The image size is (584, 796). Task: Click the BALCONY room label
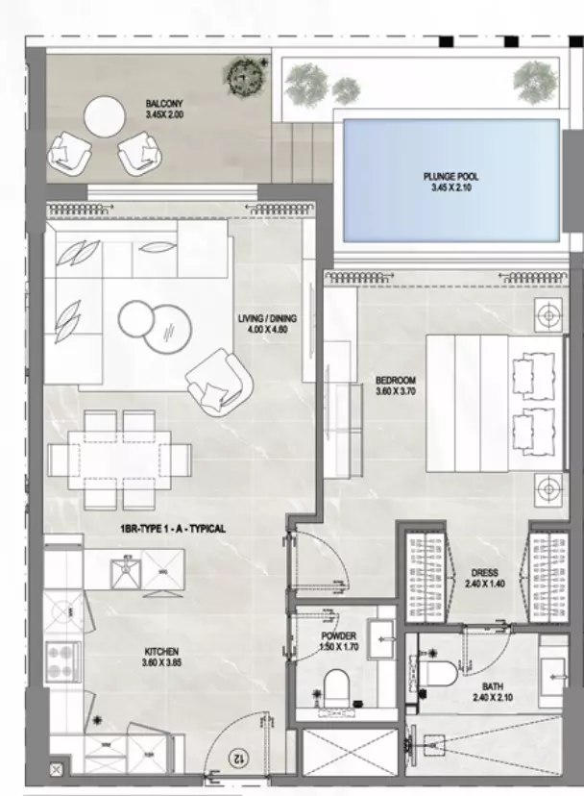pos(164,104)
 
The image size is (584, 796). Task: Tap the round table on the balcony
pos(104,117)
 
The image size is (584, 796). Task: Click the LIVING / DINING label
pos(267,319)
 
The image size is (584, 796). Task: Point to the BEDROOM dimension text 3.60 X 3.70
pos(396,391)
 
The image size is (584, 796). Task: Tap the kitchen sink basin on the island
pos(125,571)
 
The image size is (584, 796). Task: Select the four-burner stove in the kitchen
pos(63,662)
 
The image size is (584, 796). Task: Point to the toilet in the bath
pos(439,674)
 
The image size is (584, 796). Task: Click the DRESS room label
pos(484,573)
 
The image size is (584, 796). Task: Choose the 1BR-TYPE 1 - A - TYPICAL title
pos(173,529)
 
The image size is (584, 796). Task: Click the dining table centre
pos(120,460)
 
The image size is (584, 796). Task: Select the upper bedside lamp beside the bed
pos(548,315)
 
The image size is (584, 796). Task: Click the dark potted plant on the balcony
pos(245,77)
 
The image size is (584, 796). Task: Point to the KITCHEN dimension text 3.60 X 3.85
pos(162,662)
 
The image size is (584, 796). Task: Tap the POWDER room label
pos(338,636)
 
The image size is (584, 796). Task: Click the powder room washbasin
pos(381,639)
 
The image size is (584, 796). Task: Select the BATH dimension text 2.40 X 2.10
pos(492,698)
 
